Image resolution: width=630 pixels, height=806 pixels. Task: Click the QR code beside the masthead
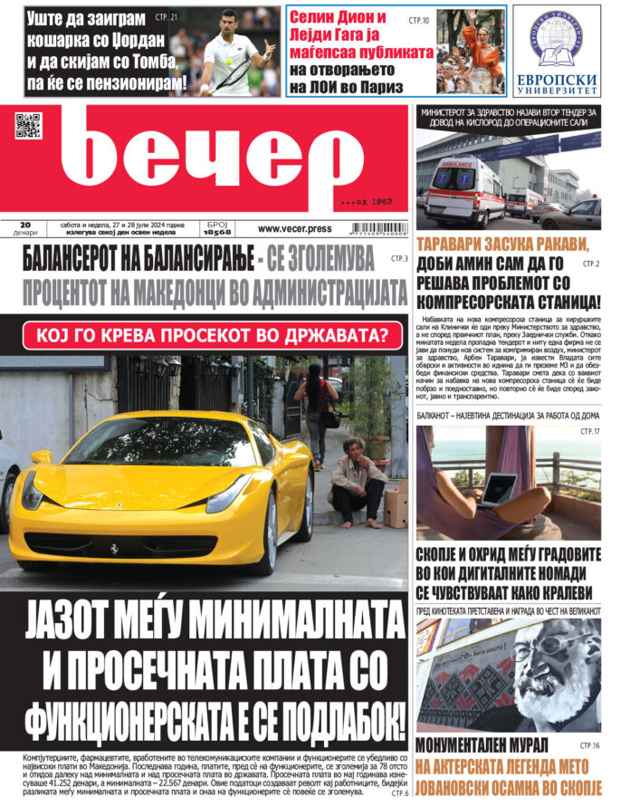tap(28, 125)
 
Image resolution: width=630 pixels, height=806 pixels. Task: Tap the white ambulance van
tap(463, 191)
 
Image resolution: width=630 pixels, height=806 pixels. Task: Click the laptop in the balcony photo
tap(498, 490)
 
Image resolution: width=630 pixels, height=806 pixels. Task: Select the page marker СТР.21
tap(167, 17)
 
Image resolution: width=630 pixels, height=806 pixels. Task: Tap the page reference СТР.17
tap(588, 432)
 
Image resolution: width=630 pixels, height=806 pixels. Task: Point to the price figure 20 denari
tap(25, 227)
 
